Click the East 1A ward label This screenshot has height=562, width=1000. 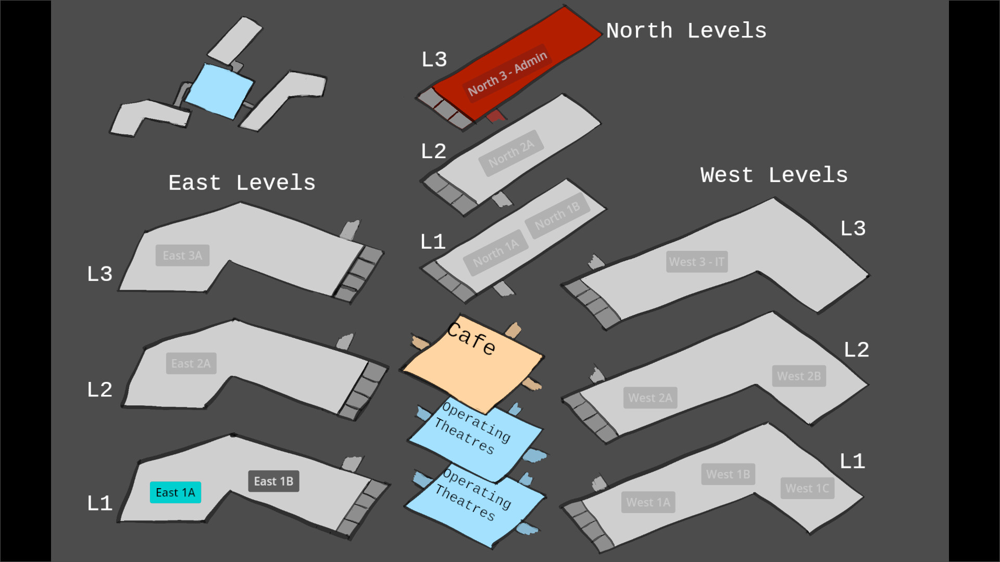coord(176,492)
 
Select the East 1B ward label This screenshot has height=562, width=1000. coord(273,481)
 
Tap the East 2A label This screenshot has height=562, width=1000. coord(191,363)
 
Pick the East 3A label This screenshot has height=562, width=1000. coord(182,256)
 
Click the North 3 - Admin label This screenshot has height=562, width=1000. coord(507,73)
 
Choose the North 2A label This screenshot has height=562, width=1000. coord(511,154)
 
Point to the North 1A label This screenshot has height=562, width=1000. coord(496,252)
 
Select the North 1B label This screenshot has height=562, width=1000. coord(557,215)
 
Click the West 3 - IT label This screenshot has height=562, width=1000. coord(696,262)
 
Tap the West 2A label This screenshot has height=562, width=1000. coord(650,398)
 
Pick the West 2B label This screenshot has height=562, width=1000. coord(798,376)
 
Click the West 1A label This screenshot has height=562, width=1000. coord(648,502)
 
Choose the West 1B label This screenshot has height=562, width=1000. coord(728,474)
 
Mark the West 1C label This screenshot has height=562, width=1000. coord(807,488)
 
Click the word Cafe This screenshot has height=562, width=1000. coord(471,338)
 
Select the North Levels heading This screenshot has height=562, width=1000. coord(686,31)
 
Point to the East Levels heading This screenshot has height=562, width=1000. coord(242,183)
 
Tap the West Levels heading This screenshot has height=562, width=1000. coord(774,175)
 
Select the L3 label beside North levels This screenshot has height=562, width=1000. coord(434,59)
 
